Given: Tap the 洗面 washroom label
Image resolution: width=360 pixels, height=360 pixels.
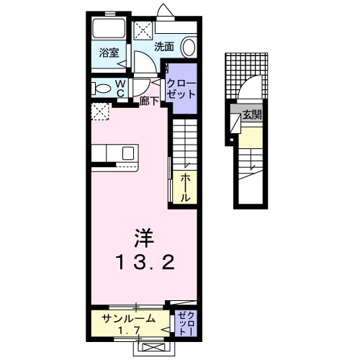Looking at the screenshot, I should [x=165, y=48].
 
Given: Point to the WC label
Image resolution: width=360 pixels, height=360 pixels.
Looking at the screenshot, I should [x=120, y=88].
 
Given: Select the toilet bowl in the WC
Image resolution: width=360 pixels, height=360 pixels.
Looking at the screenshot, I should [x=99, y=88].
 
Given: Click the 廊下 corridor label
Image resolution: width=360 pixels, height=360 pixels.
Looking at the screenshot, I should [x=150, y=102].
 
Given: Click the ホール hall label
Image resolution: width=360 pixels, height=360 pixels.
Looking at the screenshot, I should [x=185, y=186].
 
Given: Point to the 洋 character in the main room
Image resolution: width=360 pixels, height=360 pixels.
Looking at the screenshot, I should [x=143, y=237].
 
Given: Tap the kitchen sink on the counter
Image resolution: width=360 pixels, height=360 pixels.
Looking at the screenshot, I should [x=127, y=153].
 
